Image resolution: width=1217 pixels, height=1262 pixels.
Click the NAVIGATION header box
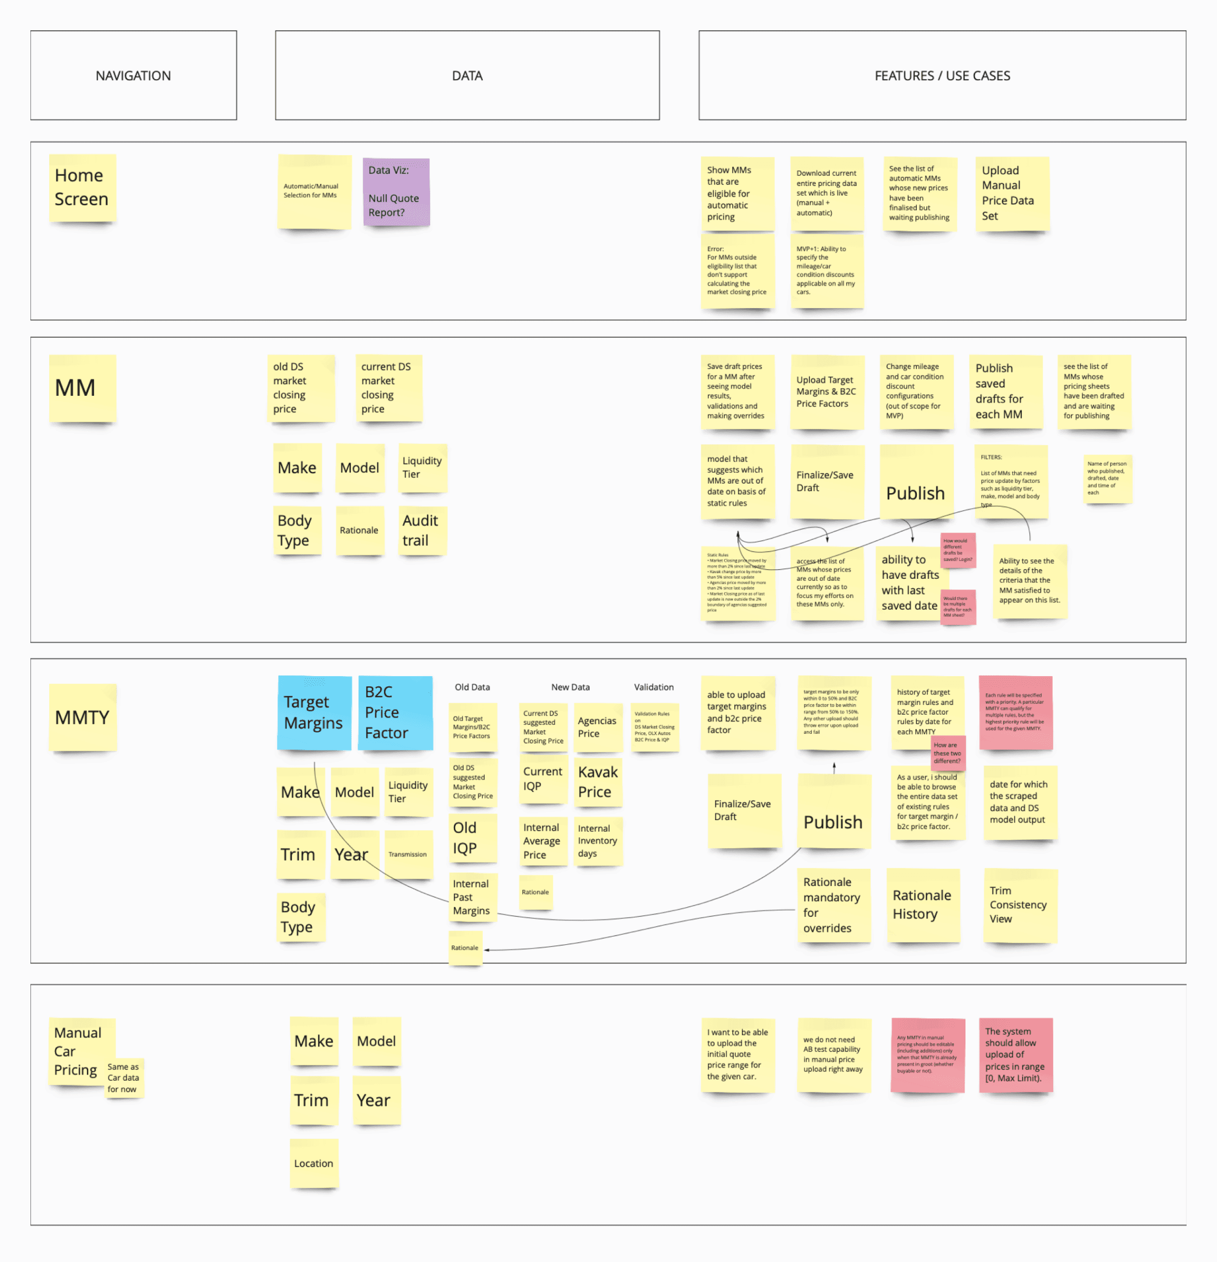pos(133,76)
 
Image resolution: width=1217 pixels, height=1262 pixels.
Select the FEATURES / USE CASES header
pos(942,76)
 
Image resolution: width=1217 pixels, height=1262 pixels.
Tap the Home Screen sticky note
pos(82,188)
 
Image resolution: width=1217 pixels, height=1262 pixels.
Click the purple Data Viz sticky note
pos(396,192)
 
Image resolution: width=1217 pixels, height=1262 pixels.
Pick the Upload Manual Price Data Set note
pos(1012,193)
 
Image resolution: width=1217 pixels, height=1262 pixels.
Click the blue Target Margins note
pos(314,713)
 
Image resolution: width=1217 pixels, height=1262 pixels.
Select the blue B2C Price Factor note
pos(395,713)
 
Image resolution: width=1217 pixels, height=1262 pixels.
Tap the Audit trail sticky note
pos(422,531)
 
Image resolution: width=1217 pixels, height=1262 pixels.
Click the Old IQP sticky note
pos(472,838)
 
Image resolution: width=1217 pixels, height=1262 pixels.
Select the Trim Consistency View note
pos(1020,905)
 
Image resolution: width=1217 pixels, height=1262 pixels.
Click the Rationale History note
pos(922,905)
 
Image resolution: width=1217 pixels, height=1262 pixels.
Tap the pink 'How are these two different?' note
pos(947,753)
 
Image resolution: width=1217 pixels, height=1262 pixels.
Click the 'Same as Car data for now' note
pos(124,1078)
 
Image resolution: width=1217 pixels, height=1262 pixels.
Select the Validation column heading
pos(653,687)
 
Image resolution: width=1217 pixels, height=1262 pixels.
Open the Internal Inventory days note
pos(597,841)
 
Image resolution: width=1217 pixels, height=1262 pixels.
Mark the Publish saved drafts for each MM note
pos(1005,391)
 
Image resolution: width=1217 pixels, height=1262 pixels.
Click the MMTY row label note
pos(83,717)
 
